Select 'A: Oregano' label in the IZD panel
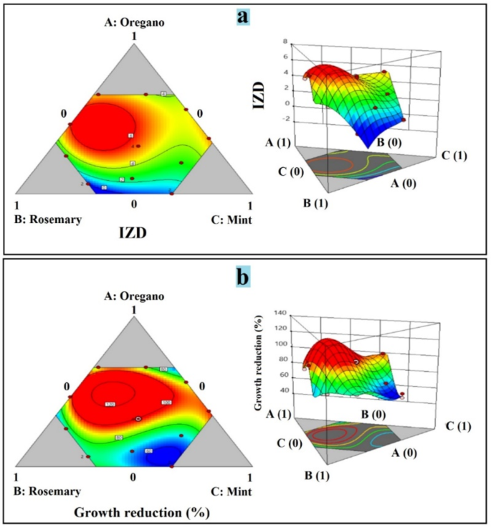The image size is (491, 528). tap(133, 22)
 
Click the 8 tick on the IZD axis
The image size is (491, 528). tap(286, 42)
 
